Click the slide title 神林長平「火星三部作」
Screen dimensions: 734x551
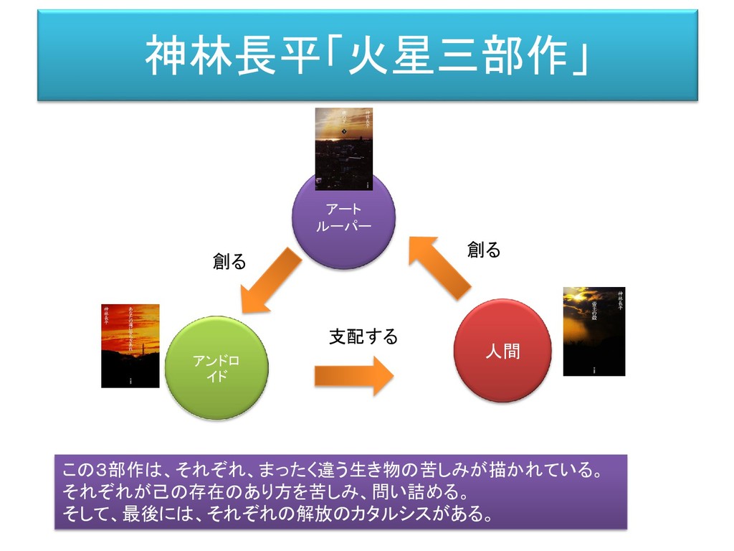(x=367, y=56)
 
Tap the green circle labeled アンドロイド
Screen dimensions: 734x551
(x=216, y=368)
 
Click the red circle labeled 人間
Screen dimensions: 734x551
(x=502, y=351)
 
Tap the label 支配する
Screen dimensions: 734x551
(x=363, y=336)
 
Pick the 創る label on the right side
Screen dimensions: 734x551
(x=484, y=250)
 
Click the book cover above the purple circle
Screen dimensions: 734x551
(x=344, y=149)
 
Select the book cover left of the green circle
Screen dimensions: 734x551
(x=130, y=346)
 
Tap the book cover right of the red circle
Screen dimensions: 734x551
(x=594, y=331)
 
